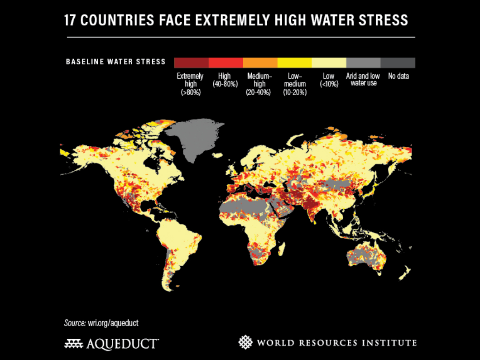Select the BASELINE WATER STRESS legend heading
[x=116, y=62]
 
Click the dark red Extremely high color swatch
[x=191, y=62]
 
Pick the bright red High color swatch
[x=226, y=62]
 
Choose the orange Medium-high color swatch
[x=260, y=62]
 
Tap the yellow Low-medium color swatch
[x=294, y=62]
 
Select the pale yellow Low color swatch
[x=329, y=62]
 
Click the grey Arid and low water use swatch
[x=363, y=62]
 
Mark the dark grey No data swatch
[x=398, y=62]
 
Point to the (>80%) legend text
[x=190, y=92]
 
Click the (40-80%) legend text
[x=225, y=84]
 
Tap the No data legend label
[x=398, y=76]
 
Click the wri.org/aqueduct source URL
[x=113, y=323]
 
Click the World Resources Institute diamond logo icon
[x=245, y=342]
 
